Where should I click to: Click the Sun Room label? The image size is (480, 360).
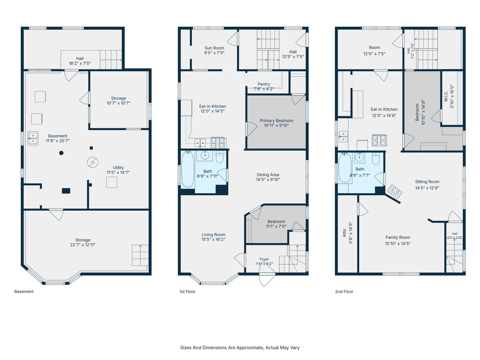(x=214, y=48)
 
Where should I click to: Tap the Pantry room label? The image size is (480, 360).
(x=264, y=84)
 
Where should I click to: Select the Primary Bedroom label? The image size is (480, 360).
(x=276, y=121)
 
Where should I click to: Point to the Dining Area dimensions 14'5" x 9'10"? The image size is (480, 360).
(x=268, y=179)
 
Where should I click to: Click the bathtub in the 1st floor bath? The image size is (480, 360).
(x=188, y=169)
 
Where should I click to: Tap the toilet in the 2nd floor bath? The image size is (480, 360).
(x=375, y=159)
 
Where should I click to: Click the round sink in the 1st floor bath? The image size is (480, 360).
(x=205, y=156)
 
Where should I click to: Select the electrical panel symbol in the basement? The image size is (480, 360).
(x=93, y=162)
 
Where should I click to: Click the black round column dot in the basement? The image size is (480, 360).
(x=61, y=153)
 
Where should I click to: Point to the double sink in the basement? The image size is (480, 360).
(x=33, y=138)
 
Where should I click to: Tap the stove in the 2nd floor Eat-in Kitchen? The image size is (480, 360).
(x=379, y=140)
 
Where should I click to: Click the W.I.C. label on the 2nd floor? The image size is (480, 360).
(x=446, y=96)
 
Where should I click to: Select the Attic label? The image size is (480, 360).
(x=344, y=233)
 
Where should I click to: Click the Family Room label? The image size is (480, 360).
(x=398, y=237)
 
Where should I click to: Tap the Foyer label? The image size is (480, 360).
(x=264, y=259)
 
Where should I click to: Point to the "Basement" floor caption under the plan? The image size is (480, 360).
(x=24, y=291)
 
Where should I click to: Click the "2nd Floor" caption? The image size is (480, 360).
(x=344, y=291)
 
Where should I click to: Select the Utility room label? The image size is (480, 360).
(x=118, y=168)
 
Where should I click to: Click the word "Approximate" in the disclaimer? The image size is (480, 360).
(x=250, y=348)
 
